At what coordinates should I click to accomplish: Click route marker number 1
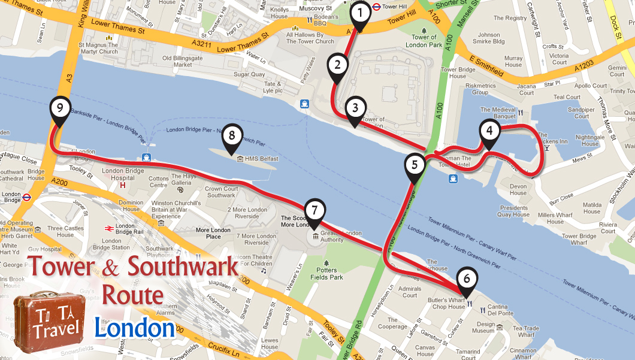pos(360,13)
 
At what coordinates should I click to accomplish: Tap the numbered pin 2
pos(337,65)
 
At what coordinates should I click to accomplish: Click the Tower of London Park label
pos(424,41)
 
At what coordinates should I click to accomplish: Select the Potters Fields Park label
pos(327,273)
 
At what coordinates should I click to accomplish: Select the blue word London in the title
pos(134,328)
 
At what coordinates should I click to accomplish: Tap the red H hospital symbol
pos(123,185)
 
